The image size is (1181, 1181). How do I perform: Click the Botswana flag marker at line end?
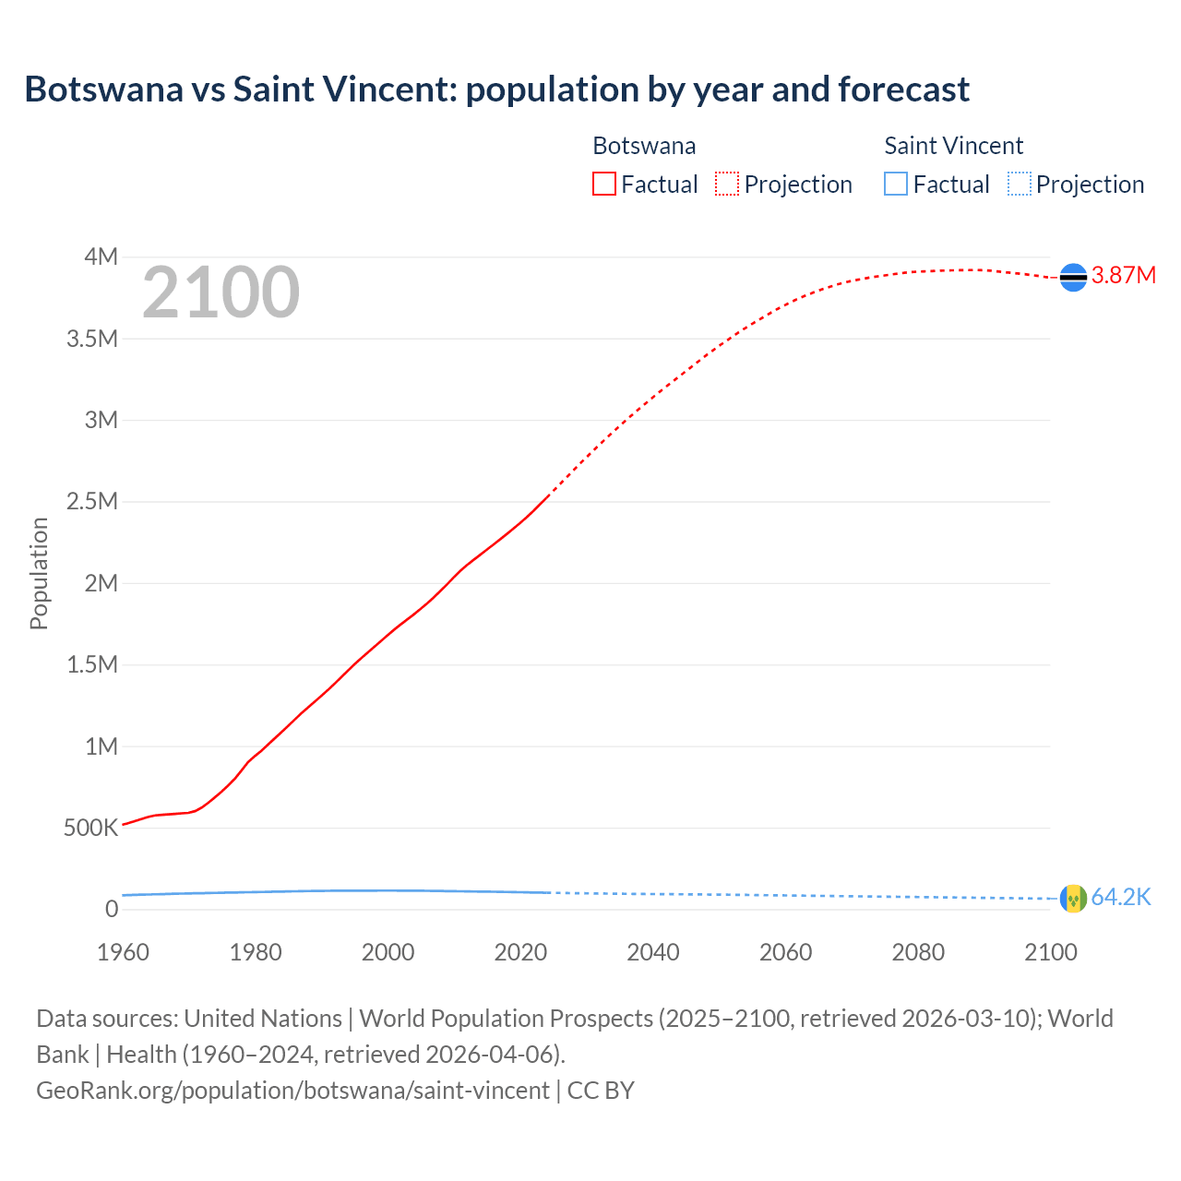tap(1073, 277)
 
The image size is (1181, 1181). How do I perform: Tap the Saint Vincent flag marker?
tap(1073, 898)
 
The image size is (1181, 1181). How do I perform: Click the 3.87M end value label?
tap(1123, 276)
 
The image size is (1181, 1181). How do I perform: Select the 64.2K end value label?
tap(1121, 898)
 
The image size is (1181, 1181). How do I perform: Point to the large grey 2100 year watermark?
tap(221, 292)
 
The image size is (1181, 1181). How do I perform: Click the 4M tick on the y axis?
tap(101, 256)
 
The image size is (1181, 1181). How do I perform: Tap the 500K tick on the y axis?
tap(91, 828)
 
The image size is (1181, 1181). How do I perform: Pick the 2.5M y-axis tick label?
tap(92, 502)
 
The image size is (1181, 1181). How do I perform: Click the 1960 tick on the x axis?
tap(123, 952)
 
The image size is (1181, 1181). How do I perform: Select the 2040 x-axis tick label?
tap(652, 952)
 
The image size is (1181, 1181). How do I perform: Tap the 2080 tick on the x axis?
tap(918, 952)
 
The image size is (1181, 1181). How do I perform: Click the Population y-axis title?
tap(39, 573)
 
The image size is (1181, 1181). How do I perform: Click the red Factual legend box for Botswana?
tap(603, 184)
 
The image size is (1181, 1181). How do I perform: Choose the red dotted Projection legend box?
tap(727, 184)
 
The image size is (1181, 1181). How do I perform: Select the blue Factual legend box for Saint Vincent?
tap(896, 184)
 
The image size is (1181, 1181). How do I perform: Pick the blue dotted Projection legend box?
tap(1020, 184)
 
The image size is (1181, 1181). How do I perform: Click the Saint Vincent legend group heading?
tap(953, 146)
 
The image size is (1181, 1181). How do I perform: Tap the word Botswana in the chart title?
tap(103, 89)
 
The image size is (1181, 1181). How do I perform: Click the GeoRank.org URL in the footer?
tap(292, 1091)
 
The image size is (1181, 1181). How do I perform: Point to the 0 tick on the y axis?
tap(112, 909)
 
